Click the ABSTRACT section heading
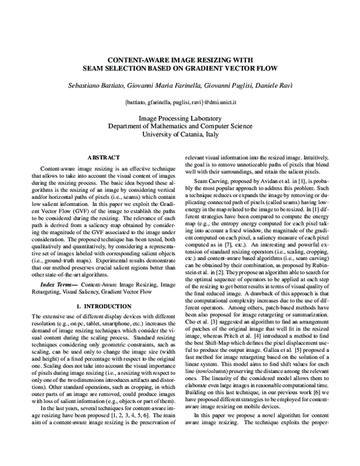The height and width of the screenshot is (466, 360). tap(101, 156)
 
